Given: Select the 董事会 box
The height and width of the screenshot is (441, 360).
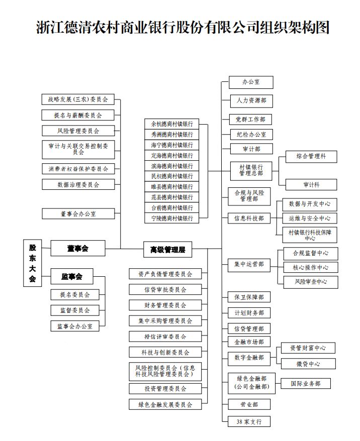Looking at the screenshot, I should pyautogui.click(x=77, y=248).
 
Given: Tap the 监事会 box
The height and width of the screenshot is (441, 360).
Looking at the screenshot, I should pyautogui.click(x=71, y=276).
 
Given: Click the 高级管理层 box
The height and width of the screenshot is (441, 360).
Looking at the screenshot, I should pyautogui.click(x=168, y=249).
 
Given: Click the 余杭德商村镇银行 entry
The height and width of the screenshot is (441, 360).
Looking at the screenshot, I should pyautogui.click(x=171, y=124).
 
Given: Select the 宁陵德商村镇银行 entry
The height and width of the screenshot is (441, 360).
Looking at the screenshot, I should pyautogui.click(x=171, y=218).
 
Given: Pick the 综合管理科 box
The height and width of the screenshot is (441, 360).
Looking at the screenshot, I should pyautogui.click(x=311, y=156).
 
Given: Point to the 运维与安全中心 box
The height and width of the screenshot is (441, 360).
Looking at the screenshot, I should pyautogui.click(x=309, y=218).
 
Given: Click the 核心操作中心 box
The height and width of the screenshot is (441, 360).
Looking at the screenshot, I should pyautogui.click(x=310, y=268).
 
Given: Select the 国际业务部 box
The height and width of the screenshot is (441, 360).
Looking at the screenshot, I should pyautogui.click(x=305, y=384).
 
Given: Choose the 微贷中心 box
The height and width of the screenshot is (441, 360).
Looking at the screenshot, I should pyautogui.click(x=307, y=364).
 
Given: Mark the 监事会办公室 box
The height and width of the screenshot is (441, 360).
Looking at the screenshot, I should pyautogui.click(x=75, y=326).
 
